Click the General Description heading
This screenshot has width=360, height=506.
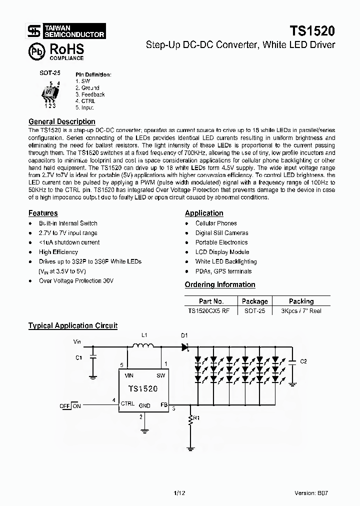[x=61, y=121]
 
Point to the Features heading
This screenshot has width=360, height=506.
[x=43, y=213]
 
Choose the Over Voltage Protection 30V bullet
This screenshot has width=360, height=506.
[x=76, y=281]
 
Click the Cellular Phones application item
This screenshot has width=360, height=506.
[x=216, y=223]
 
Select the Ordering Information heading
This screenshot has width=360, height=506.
[x=220, y=284]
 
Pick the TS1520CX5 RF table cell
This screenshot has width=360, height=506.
[x=209, y=310]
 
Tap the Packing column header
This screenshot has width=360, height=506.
[x=301, y=301]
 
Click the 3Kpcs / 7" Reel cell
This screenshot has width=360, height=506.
[x=301, y=310]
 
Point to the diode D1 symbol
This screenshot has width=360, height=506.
[x=184, y=346]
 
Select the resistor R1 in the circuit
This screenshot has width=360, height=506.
[x=190, y=420]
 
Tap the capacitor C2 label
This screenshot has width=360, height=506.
[x=303, y=361]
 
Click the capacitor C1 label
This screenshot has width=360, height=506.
[x=78, y=357]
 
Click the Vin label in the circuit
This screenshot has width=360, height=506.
[x=77, y=342]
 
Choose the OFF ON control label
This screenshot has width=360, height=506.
[x=70, y=406]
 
